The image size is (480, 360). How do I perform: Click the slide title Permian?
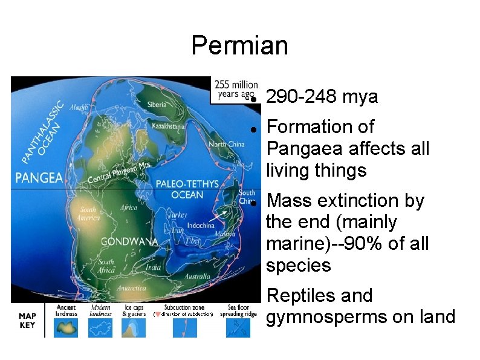[x=239, y=45]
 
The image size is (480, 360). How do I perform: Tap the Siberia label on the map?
[x=157, y=104]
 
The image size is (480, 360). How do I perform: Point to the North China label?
[x=226, y=144]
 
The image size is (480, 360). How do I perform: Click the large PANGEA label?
[x=39, y=177]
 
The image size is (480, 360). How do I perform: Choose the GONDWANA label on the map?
[x=129, y=241]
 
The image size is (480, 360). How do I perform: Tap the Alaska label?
[x=79, y=107]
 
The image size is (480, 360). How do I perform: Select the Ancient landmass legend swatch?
[x=66, y=327]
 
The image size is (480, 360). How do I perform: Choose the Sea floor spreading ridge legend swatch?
[x=238, y=327]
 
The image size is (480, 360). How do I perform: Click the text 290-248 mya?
[x=322, y=97]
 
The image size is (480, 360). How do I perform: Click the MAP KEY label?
[x=27, y=320]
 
